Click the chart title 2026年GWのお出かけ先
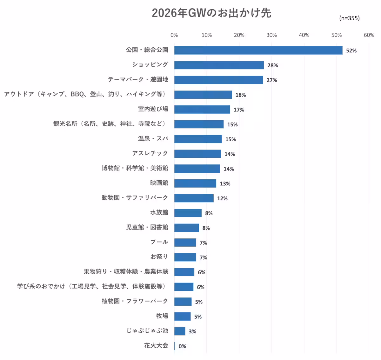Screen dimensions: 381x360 click(211, 13)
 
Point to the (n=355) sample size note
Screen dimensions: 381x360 click(349, 18)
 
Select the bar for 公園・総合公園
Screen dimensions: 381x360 click(258, 50)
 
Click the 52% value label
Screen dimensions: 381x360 click(351, 51)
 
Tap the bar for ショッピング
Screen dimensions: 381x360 click(219, 65)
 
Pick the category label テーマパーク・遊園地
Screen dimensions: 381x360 click(138, 79)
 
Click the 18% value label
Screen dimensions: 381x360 click(241, 95)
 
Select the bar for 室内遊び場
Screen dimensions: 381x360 click(202, 110)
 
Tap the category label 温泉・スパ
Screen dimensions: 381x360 click(153, 138)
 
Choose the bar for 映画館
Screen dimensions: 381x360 click(195, 183)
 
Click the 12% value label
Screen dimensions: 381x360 click(222, 198)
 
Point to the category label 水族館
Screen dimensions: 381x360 click(159, 212)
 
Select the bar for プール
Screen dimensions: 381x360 click(185, 242)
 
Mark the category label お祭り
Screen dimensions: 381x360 click(159, 257)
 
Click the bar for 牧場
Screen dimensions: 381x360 click(183, 316)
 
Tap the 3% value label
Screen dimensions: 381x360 click(192, 331)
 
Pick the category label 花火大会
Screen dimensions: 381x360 click(156, 345)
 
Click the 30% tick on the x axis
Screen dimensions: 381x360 click(271, 35)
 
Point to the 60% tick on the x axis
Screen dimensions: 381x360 click(369, 35)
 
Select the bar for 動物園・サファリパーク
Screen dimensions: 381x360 click(194, 198)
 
